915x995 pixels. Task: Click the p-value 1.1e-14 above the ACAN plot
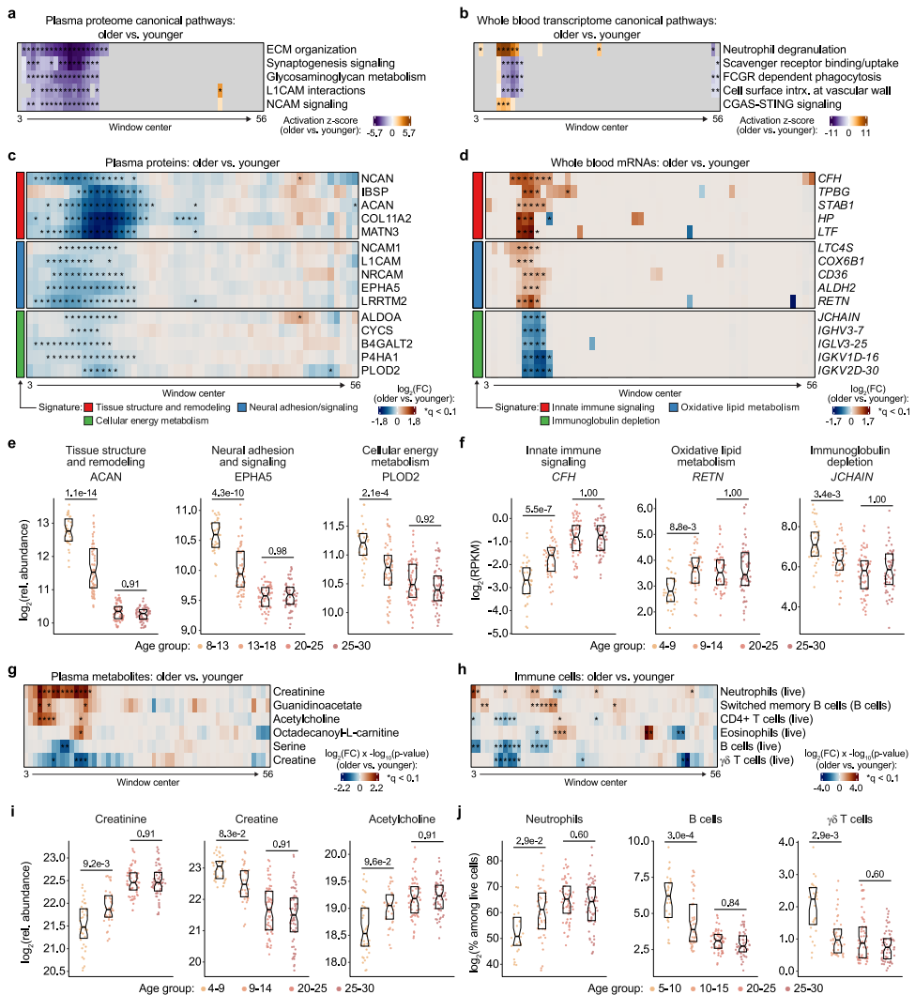pyautogui.click(x=81, y=493)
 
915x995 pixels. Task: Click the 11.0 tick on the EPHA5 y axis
pyautogui.click(x=190, y=510)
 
